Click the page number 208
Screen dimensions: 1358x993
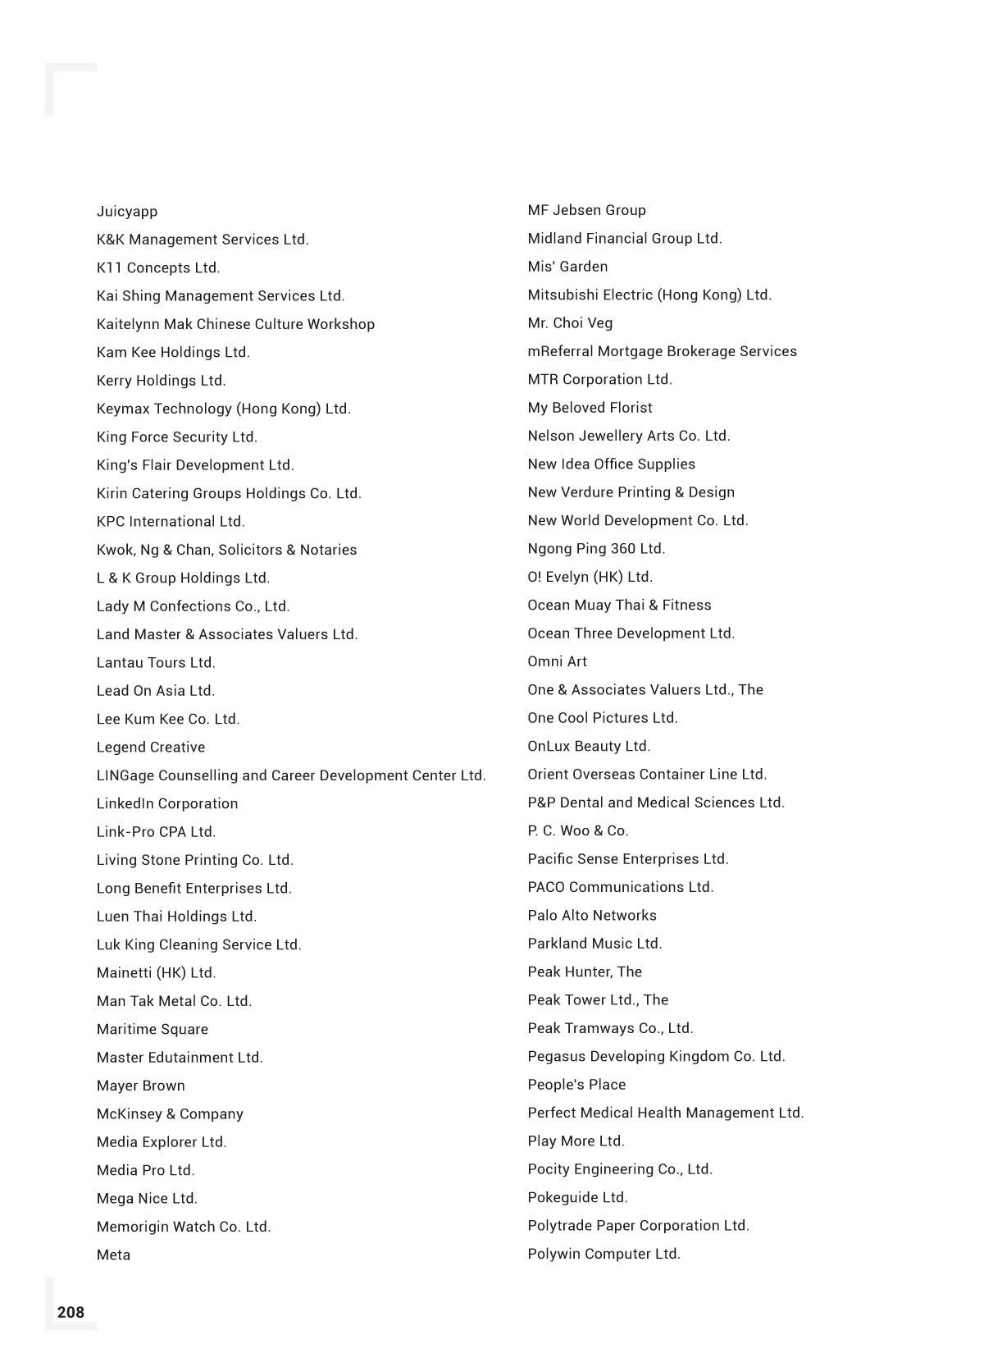point(71,1312)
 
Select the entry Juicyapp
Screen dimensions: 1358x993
point(127,211)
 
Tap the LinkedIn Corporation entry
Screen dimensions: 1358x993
point(167,803)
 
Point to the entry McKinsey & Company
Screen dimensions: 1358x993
point(170,1113)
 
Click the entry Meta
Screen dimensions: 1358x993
point(113,1255)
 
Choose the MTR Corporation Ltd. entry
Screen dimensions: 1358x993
point(599,379)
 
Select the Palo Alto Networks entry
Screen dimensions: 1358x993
point(592,915)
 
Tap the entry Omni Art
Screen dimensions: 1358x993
point(558,661)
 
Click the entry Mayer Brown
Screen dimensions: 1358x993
point(141,1086)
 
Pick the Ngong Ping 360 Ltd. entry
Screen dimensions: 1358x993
point(596,548)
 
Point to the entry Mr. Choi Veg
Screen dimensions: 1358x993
point(570,322)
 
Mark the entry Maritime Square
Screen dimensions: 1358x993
point(153,1029)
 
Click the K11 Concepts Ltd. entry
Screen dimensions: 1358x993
point(158,267)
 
